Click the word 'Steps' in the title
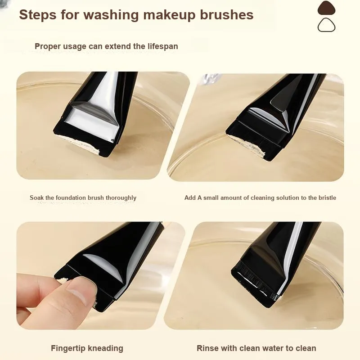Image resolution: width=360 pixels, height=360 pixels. pyautogui.click(x=38, y=15)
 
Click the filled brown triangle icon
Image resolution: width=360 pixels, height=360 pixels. pyautogui.click(x=327, y=8)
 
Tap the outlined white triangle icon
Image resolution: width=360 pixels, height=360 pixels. pyautogui.click(x=327, y=25)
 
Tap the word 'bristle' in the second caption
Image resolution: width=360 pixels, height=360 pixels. pyautogui.click(x=327, y=198)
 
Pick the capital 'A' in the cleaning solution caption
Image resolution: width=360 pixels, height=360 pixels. pyautogui.click(x=199, y=198)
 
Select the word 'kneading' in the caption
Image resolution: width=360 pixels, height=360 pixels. pyautogui.click(x=106, y=348)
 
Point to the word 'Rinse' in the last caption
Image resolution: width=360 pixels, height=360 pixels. pyautogui.click(x=207, y=348)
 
